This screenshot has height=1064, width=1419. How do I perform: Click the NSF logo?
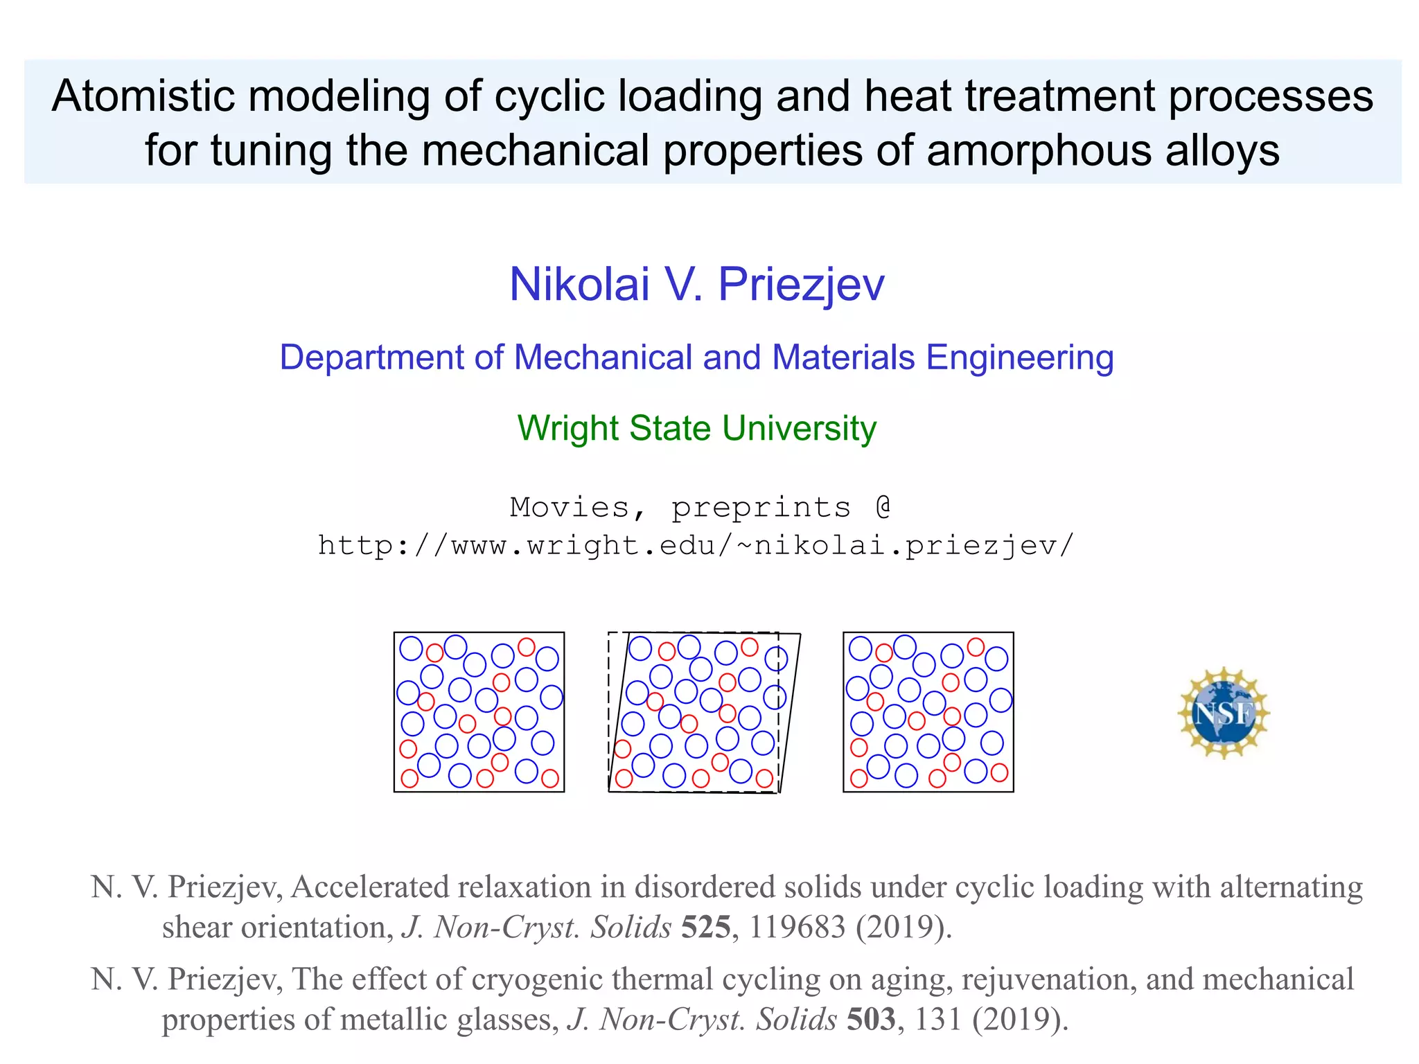pos(1224,713)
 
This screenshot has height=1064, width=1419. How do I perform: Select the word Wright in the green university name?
pos(567,427)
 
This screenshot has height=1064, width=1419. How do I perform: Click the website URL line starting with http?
pos(696,546)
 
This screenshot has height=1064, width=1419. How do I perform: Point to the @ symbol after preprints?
pos(883,506)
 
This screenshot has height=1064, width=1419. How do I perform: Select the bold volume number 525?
pos(705,927)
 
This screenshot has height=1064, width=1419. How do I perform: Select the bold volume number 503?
pos(871,1019)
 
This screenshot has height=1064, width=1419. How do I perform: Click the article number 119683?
pos(797,927)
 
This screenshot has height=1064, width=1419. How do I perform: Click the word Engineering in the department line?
pos(1019,358)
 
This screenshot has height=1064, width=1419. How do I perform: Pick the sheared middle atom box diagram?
pos(703,712)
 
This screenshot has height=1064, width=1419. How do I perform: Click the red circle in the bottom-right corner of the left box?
pos(550,778)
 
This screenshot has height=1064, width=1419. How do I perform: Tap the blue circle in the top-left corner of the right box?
pos(860,648)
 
